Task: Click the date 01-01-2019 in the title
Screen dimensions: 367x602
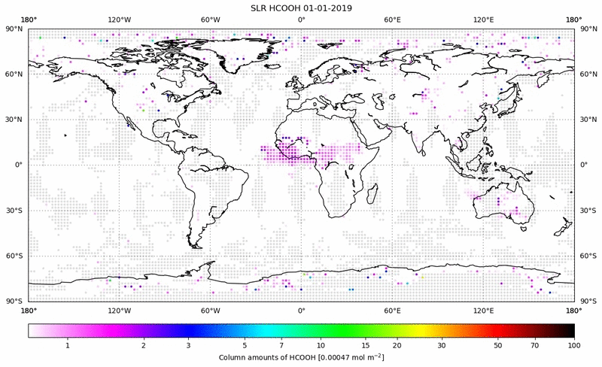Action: click(x=328, y=8)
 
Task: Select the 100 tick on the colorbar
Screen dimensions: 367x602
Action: click(x=574, y=345)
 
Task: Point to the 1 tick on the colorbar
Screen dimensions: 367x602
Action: click(x=68, y=345)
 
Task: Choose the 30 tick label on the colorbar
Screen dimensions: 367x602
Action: click(x=442, y=345)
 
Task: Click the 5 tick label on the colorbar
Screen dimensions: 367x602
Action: click(x=245, y=345)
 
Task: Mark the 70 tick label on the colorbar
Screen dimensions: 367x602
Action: click(x=534, y=345)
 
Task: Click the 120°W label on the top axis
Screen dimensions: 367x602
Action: click(x=119, y=19)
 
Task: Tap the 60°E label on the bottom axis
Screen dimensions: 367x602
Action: click(x=392, y=311)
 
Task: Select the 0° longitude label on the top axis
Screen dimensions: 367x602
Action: click(x=301, y=19)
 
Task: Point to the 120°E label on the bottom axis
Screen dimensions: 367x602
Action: click(x=483, y=311)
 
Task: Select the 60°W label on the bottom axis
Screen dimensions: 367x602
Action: click(x=210, y=311)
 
